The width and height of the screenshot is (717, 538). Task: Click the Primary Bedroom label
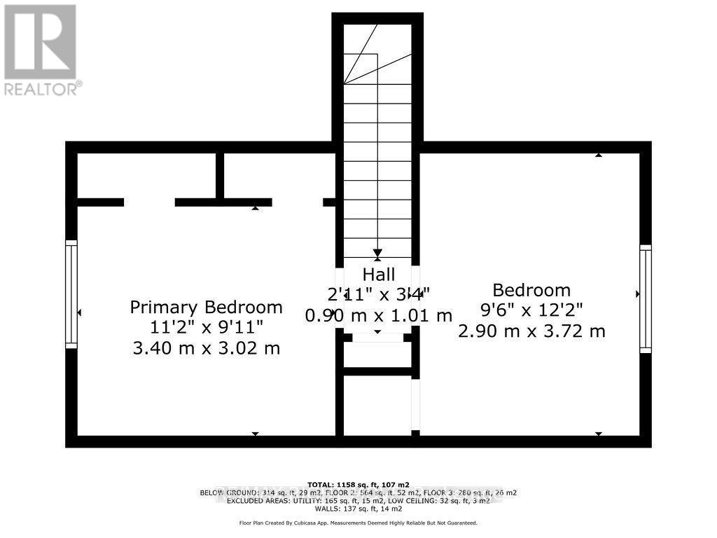[x=207, y=307]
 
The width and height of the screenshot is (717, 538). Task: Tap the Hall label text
[x=378, y=274]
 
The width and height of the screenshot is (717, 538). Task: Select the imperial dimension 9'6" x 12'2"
[x=531, y=310]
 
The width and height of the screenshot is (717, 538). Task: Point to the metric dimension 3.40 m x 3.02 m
[x=207, y=347]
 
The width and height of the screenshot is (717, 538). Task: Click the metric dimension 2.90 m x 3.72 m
[x=531, y=331]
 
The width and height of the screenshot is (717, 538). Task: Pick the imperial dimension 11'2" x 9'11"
[x=207, y=327]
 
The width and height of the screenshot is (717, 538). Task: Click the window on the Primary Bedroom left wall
[x=71, y=294]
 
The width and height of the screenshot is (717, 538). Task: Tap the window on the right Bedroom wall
[x=645, y=298]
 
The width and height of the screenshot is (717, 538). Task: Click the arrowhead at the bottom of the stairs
[x=377, y=254]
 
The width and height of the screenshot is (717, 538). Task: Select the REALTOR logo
[x=41, y=49]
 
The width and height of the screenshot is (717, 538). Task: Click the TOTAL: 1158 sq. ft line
[x=358, y=483]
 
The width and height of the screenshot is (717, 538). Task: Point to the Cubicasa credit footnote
[x=358, y=523]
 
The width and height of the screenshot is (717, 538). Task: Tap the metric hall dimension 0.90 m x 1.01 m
[x=378, y=315]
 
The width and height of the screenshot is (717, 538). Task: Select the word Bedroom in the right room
[x=531, y=290]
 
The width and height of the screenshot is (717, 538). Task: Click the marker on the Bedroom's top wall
[x=599, y=154]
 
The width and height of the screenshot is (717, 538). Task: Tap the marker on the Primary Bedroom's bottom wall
[x=256, y=434]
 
